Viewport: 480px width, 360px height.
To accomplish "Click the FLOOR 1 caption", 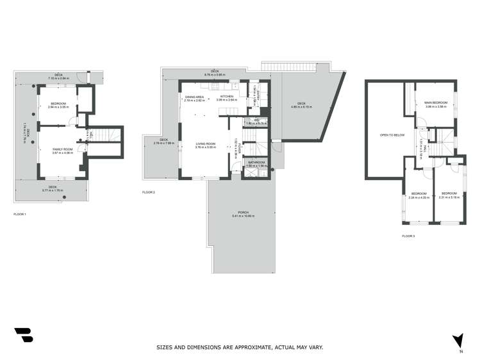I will (20, 213).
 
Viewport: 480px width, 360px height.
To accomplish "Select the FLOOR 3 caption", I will (408, 236).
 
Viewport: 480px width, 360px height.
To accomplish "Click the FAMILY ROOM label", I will (63, 149).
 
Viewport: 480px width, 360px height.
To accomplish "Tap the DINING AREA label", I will (194, 97).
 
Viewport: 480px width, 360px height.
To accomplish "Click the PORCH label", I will (243, 212).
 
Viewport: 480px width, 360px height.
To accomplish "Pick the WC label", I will (256, 119).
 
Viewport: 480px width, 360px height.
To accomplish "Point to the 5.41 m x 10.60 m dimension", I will (243, 216).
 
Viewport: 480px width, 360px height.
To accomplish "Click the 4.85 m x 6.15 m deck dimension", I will (301, 107).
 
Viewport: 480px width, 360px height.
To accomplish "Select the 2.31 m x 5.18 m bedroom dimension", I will (449, 197).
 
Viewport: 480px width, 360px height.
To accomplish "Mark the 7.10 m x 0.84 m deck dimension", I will (58, 78).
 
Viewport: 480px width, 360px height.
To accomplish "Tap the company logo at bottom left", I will (24, 335).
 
